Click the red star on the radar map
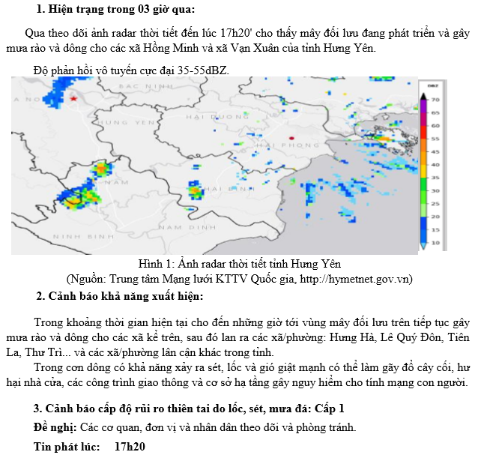pos(73,99)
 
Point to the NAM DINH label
pos(177,226)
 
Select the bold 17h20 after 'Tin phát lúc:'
pos(129,446)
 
